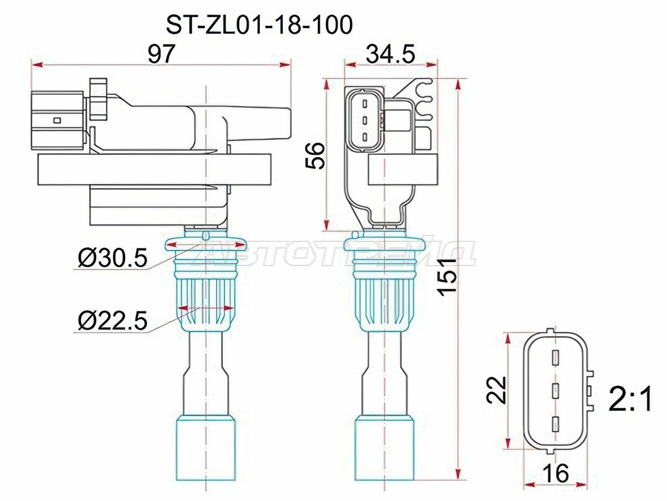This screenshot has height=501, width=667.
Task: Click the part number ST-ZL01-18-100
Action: coord(259,25)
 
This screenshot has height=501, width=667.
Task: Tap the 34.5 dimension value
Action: coord(390,54)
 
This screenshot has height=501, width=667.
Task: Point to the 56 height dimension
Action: coord(315,155)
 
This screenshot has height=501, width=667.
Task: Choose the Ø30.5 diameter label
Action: coord(113,259)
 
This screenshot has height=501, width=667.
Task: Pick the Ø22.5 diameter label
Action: coord(113,321)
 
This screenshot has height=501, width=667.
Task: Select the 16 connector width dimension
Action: coord(555,473)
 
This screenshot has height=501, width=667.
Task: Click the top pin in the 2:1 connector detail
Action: coord(555,358)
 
